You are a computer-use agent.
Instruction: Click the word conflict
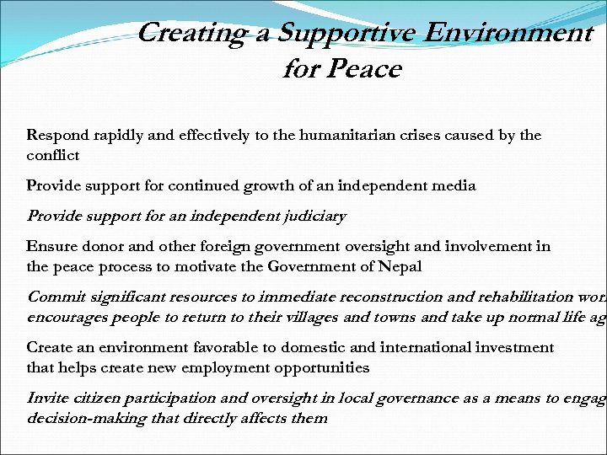click(x=52, y=155)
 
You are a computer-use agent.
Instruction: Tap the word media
click(x=454, y=185)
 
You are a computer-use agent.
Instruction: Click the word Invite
click(x=47, y=398)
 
